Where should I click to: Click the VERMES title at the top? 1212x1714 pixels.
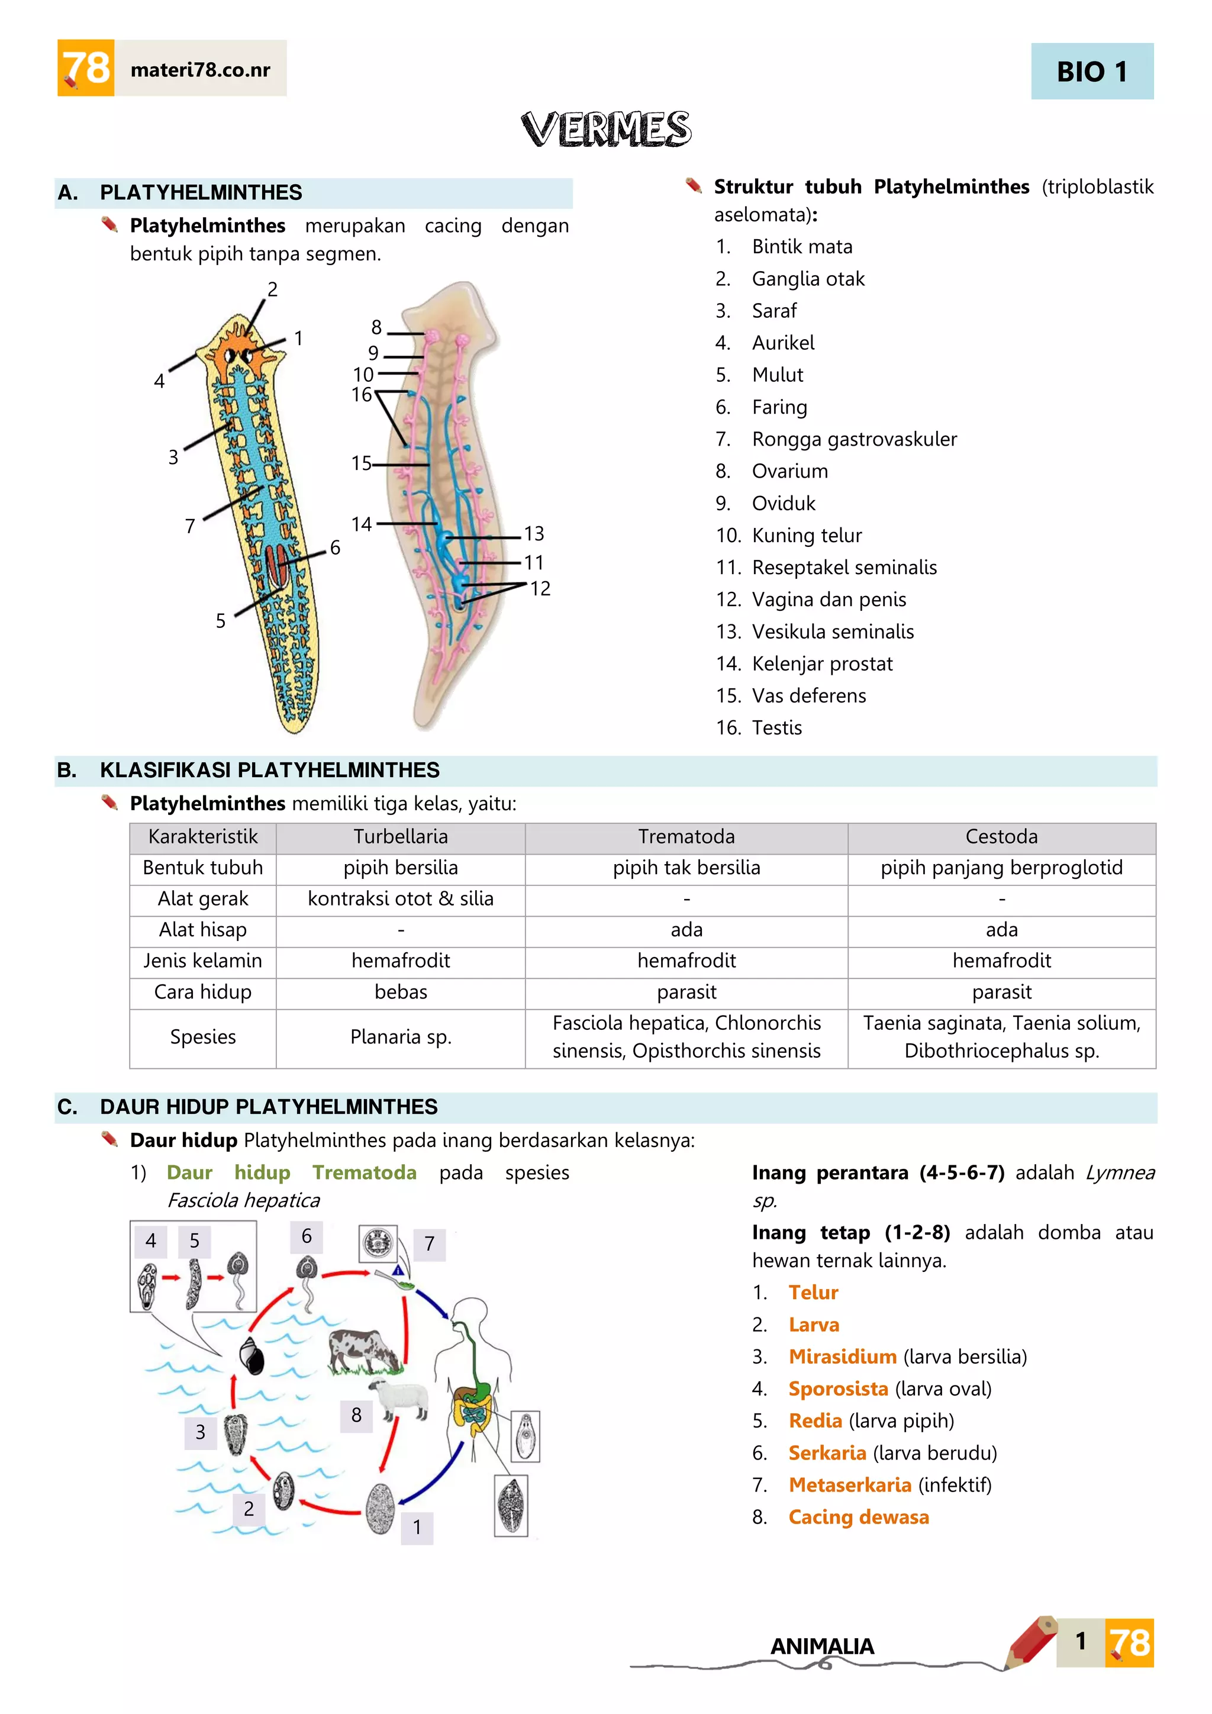[x=606, y=129]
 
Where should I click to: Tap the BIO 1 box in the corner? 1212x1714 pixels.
[x=1091, y=72]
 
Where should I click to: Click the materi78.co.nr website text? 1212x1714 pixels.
[x=200, y=70]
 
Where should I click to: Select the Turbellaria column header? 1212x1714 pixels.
[x=401, y=837]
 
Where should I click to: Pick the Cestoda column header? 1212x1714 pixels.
[x=1001, y=837]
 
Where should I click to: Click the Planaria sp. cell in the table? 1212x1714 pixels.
[x=401, y=1037]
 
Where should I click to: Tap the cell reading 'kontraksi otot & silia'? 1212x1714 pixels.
[x=401, y=899]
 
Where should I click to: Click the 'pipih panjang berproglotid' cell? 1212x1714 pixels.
[x=1001, y=868]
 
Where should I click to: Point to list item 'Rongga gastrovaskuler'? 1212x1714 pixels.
[x=854, y=439]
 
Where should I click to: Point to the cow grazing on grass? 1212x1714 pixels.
[x=364, y=1351]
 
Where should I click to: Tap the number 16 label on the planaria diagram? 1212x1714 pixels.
[x=362, y=395]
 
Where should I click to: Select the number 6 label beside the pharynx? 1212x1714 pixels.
[x=335, y=548]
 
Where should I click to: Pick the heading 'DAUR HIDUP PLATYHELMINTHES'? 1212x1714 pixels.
[x=269, y=1107]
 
